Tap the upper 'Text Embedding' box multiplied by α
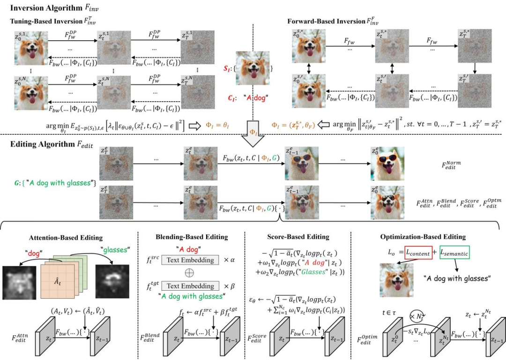tap(187, 258)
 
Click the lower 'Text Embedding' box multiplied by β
tap(187, 285)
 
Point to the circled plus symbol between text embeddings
tap(187, 272)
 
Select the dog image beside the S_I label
tap(253, 69)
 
